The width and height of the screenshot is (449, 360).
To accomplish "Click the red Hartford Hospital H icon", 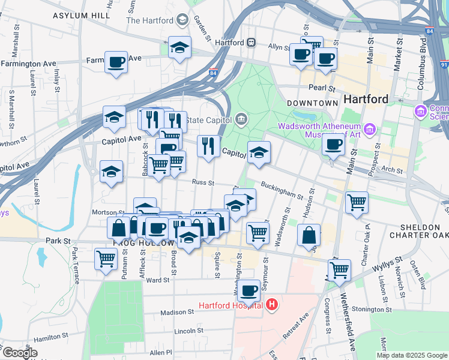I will pos(272,305).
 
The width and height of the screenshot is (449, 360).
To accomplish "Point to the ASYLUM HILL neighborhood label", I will pos(82,16).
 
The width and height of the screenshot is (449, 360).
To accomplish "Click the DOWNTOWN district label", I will pos(312,103).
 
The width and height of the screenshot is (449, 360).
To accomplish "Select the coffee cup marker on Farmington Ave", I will pos(116,62).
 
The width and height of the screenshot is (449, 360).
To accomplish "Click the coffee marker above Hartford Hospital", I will pos(249,291).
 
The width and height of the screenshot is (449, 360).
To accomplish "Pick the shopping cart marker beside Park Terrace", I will pos(106,260).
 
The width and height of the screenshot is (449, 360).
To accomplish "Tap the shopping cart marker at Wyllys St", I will pos(339,270).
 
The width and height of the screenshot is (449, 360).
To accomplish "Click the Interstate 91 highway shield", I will pos(443,64).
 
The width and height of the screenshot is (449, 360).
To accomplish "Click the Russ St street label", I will pos(203,182).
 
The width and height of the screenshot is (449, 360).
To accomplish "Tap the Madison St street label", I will pos(178,312).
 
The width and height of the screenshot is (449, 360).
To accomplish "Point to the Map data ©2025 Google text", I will pos(411,355).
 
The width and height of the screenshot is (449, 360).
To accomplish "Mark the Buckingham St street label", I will pos(282,190).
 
